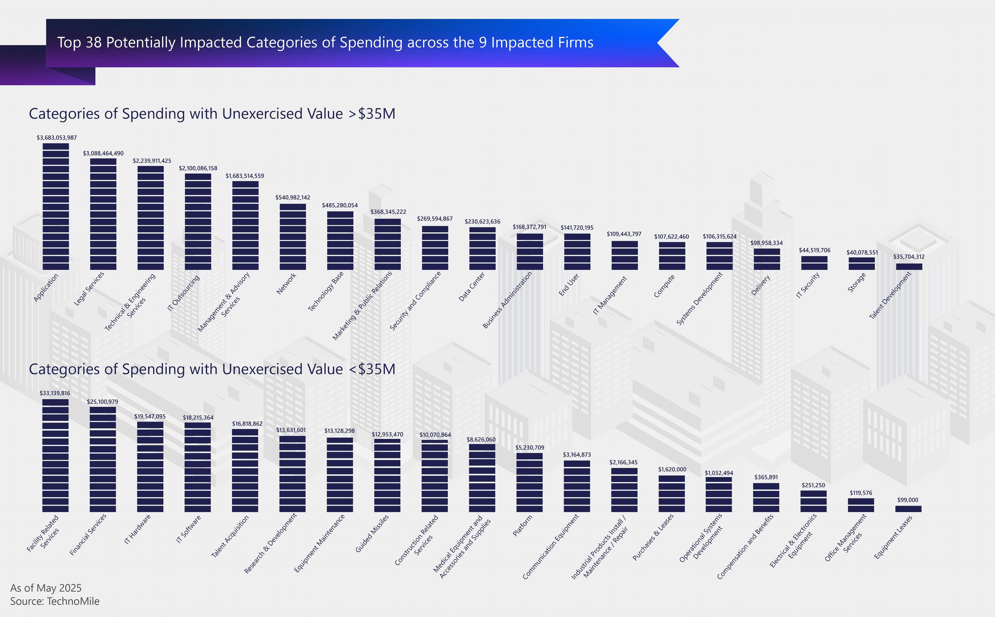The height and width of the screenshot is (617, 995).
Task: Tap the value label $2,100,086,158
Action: coord(198,168)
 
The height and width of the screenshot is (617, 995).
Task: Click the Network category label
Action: coord(286,283)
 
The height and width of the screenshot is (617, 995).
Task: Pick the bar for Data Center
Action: coord(482,248)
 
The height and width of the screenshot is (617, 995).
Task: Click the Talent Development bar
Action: coord(909,266)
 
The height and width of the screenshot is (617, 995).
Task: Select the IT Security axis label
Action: coord(808,285)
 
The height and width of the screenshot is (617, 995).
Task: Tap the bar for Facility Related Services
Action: coord(55,455)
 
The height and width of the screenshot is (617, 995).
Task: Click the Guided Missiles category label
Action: coord(372,533)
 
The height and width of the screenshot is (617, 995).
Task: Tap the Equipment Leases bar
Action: coord(908,509)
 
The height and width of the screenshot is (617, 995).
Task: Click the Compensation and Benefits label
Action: coord(745,547)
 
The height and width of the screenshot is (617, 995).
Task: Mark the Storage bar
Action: coord(862,263)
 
